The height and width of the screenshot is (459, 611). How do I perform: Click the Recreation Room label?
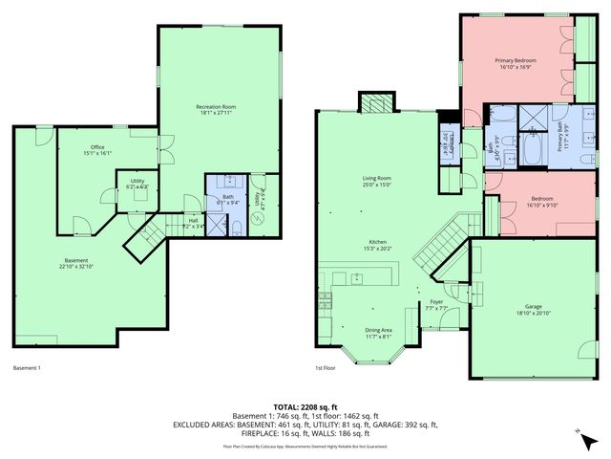pyautogui.click(x=216, y=109)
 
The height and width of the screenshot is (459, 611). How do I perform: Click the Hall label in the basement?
pyautogui.click(x=193, y=223)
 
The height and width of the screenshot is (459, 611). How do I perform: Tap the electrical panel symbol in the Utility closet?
pyautogui.click(x=256, y=217)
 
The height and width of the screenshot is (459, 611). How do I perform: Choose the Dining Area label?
pyautogui.click(x=378, y=333)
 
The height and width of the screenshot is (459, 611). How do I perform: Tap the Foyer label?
pyautogui.click(x=436, y=306)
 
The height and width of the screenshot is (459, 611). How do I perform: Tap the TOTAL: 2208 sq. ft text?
pyautogui.click(x=305, y=406)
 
